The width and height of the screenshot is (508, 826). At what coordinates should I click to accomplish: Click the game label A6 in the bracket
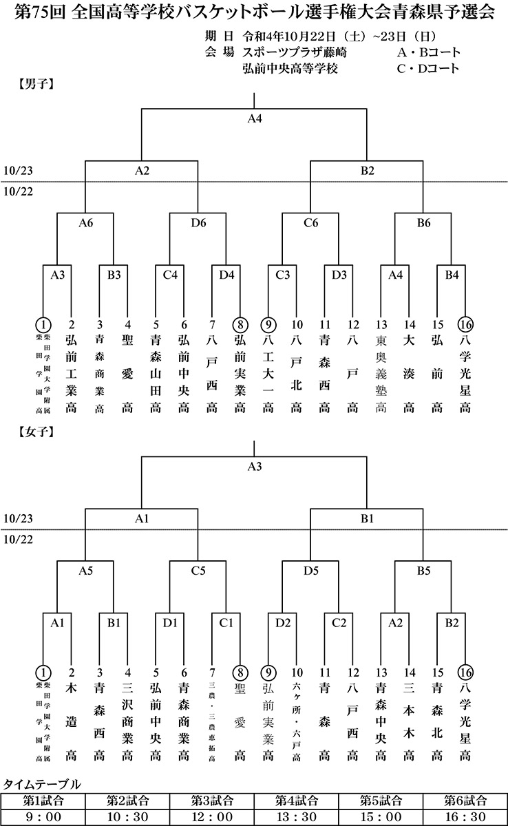pos(85,222)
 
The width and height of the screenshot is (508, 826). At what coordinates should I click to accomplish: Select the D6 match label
pos(198,222)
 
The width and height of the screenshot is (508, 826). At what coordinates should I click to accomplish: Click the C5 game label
pos(198,571)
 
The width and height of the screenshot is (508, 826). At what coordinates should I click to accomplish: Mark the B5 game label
pos(423,571)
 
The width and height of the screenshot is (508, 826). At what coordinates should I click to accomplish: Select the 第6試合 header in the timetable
pos(465,801)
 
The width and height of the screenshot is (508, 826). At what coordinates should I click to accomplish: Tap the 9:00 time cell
pos(43,816)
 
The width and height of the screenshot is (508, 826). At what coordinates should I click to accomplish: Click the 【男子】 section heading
pos(33,85)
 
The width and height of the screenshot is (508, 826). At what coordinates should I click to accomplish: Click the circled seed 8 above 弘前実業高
pos(240,324)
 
